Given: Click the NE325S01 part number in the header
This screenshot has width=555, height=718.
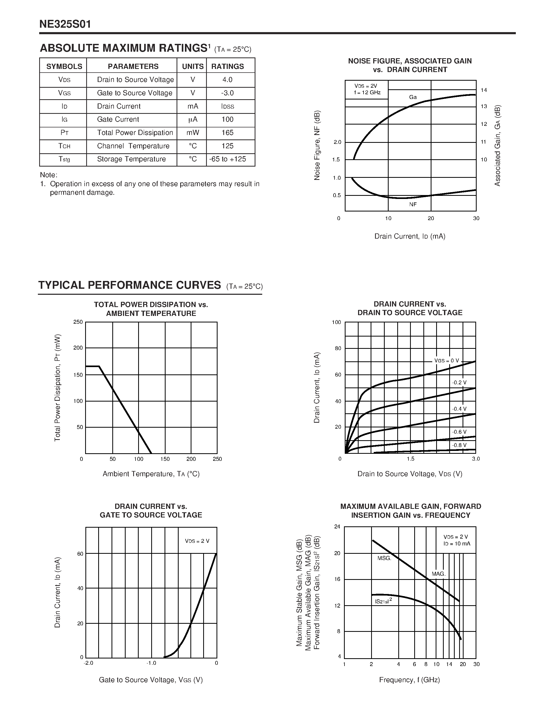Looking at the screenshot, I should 65,24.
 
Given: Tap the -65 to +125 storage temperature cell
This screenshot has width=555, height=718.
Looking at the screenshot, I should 227,159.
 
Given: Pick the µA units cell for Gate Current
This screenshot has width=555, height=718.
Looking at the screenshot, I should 193,119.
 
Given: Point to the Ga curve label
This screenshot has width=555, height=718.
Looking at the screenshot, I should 413,97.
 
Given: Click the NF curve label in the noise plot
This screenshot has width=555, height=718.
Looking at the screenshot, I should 413,204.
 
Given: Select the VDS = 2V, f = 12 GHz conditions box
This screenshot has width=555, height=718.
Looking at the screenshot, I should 367,89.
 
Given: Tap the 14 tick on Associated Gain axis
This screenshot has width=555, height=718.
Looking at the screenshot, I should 484,90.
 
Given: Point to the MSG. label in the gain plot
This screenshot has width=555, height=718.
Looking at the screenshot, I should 384,558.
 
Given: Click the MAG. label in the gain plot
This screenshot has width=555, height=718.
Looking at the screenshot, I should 438,574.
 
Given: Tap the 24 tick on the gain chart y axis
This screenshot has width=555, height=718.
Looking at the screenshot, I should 337,527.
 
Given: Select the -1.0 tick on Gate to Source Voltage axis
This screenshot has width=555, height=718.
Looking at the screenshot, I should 151,663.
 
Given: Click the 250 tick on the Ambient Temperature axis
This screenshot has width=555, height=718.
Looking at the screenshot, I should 217,459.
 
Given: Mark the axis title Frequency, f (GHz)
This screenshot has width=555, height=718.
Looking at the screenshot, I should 409,680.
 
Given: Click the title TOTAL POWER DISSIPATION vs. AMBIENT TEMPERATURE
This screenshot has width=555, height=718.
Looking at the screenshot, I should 151,309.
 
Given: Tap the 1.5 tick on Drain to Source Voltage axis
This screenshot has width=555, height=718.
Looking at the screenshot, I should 410,459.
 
